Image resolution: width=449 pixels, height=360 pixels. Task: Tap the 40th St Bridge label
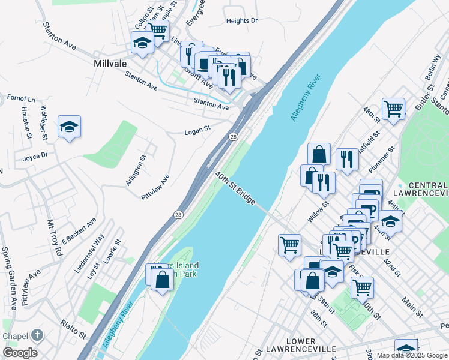coord(236,187)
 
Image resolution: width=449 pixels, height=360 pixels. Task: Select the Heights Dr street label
coord(241,21)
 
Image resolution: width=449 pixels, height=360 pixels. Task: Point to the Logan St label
coord(197,130)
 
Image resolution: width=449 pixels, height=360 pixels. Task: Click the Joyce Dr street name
coord(35,157)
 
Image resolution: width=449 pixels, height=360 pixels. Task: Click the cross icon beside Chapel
coord(37,335)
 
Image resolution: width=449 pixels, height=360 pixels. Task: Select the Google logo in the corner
coord(20,353)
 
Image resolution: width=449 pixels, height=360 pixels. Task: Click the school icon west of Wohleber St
coord(69,127)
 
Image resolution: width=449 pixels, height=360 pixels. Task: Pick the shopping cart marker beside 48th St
coord(393,109)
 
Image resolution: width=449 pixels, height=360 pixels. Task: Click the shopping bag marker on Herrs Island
coord(162,279)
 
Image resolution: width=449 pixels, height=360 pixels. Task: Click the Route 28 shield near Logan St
coord(232,137)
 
